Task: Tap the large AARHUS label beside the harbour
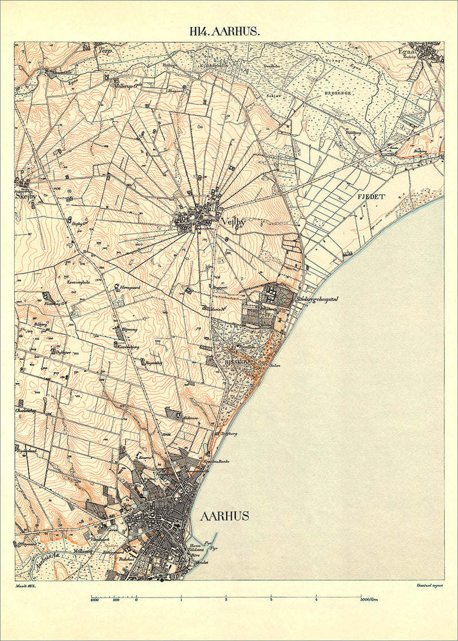point(224,516)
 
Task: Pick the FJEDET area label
point(371,196)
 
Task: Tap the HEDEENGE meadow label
point(338,92)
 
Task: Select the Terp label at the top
point(104,50)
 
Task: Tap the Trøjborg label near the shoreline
point(228,434)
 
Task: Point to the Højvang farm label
point(131,331)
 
